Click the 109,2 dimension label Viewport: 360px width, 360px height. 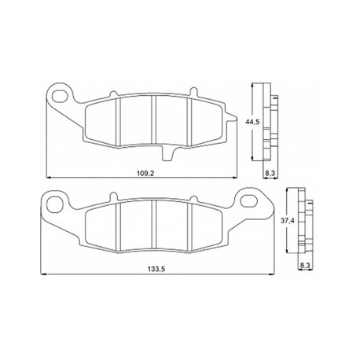pyautogui.click(x=145, y=173)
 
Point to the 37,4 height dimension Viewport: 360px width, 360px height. pyautogui.click(x=288, y=221)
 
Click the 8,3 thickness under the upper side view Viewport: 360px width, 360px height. pyautogui.click(x=270, y=173)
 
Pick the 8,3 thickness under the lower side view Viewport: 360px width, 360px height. pyautogui.click(x=305, y=266)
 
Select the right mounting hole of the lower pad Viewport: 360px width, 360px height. pyautogui.click(x=248, y=201)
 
